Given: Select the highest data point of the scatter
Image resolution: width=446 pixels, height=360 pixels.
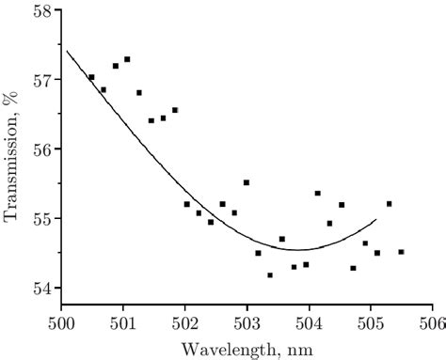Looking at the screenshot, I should [127, 59].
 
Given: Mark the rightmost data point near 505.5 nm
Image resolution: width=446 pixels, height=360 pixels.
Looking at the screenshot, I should [402, 252].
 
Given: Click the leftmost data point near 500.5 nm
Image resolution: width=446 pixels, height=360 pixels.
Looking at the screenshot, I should [91, 77].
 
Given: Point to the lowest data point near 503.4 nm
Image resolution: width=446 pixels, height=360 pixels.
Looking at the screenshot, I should [270, 275].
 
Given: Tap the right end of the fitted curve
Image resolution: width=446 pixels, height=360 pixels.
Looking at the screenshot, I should [376, 219].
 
